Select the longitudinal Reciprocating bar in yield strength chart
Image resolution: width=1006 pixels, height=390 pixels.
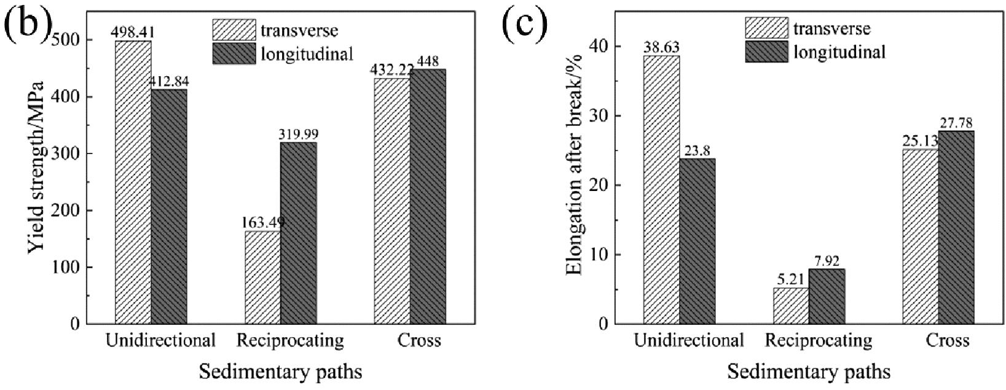(299, 233)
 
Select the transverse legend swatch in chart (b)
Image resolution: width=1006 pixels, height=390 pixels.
(234, 29)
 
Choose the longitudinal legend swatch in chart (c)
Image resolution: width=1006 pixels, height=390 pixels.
(766, 52)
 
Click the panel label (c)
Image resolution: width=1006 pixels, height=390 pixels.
(524, 26)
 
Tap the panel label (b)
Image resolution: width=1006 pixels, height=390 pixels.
(26, 26)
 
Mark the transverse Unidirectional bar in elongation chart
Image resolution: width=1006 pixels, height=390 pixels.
(662, 190)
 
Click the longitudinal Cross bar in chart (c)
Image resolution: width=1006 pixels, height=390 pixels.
(956, 227)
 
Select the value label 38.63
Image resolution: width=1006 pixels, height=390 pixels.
(661, 47)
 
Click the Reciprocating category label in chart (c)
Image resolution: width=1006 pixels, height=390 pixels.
(818, 340)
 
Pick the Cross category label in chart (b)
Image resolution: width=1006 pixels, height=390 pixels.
(419, 340)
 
